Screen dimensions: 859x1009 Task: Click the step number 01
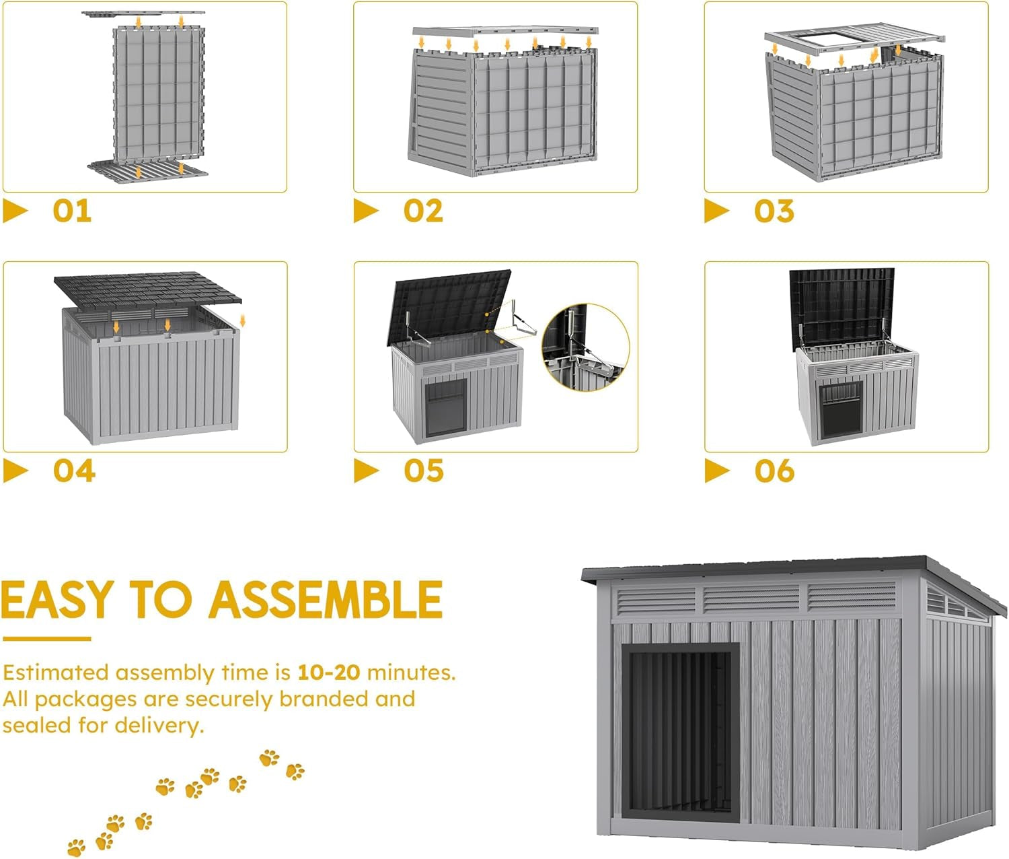(x=72, y=211)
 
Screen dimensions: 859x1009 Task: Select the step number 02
(x=423, y=211)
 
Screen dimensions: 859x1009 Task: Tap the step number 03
(x=774, y=211)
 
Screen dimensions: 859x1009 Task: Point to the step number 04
(x=74, y=471)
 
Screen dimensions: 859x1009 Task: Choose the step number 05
(x=424, y=471)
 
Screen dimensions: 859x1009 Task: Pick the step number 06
(x=774, y=471)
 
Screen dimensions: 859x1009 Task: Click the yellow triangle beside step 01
(x=14, y=211)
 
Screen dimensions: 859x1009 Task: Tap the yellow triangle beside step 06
(x=716, y=471)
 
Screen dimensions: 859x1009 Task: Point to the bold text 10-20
(x=328, y=672)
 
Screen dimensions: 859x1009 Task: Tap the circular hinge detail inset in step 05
(x=585, y=347)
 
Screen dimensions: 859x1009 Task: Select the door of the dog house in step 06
(x=841, y=409)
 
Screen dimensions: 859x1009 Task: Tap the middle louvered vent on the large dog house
(x=751, y=598)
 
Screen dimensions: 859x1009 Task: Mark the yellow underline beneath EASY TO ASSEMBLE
(x=46, y=638)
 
